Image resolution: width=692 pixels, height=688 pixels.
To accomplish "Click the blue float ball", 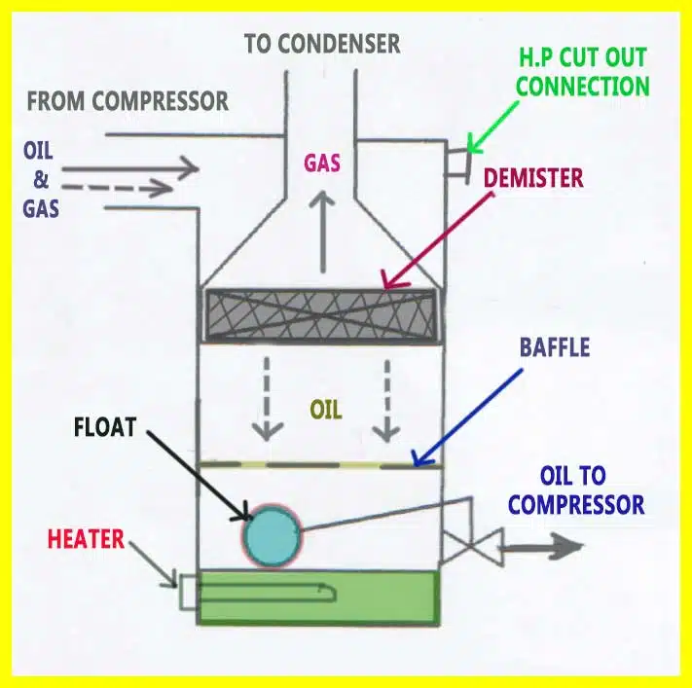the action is [272, 536].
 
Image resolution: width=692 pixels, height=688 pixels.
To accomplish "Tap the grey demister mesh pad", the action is [321, 315].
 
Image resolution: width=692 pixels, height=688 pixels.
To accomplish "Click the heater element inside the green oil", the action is [265, 593].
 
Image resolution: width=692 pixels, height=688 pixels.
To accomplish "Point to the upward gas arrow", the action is [322, 232].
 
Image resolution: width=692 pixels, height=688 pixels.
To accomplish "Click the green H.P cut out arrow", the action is [492, 127].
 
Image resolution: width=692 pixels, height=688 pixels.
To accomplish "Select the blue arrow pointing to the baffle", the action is [467, 417].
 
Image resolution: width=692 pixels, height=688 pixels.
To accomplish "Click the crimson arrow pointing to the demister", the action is [438, 240].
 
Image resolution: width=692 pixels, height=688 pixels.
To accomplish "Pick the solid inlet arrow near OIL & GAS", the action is [130, 168].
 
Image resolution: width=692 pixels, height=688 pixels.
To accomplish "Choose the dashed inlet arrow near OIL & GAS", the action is [118, 189].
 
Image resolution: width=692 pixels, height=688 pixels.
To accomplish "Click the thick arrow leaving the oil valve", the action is [541, 546].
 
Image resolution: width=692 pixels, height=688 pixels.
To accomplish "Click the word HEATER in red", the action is [86, 539].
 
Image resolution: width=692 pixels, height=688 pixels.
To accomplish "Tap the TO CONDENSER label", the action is [322, 43].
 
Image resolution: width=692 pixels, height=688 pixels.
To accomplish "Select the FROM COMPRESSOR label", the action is [127, 101].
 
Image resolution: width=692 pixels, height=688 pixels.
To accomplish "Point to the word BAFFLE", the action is [555, 346].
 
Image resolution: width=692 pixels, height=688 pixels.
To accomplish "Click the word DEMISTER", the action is [533, 178].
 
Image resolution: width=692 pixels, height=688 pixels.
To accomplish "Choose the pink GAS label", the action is [322, 163].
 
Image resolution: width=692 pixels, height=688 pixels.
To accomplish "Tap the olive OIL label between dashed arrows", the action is [326, 410].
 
